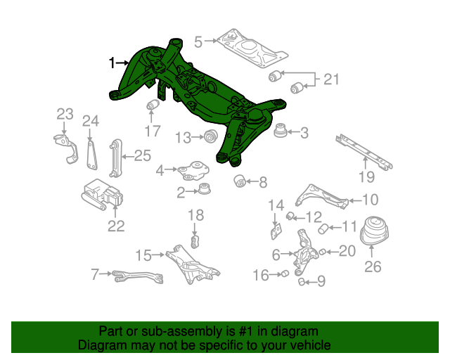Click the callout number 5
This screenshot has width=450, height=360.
click(198, 42)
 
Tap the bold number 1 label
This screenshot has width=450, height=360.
click(112, 63)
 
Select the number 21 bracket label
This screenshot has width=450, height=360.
click(331, 79)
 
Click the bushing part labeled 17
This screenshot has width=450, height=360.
click(153, 105)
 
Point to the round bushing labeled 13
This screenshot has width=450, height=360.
click(211, 136)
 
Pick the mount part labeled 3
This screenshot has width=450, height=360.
click(281, 130)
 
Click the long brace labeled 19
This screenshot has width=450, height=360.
click(364, 152)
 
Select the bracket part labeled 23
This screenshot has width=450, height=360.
click(66, 148)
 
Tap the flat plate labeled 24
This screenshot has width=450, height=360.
click(91, 154)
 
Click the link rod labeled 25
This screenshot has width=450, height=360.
click(115, 158)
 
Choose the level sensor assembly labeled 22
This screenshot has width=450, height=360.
click(102, 194)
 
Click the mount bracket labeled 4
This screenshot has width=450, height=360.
click(193, 171)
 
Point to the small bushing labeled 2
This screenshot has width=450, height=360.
click(205, 188)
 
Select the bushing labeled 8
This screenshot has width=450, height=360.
click(240, 180)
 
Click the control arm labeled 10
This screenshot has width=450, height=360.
click(322, 197)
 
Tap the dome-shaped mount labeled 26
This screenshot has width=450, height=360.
click(374, 231)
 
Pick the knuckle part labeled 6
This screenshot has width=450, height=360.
click(304, 252)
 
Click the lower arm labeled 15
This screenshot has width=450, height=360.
click(192, 264)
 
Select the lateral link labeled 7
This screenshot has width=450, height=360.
click(138, 277)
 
